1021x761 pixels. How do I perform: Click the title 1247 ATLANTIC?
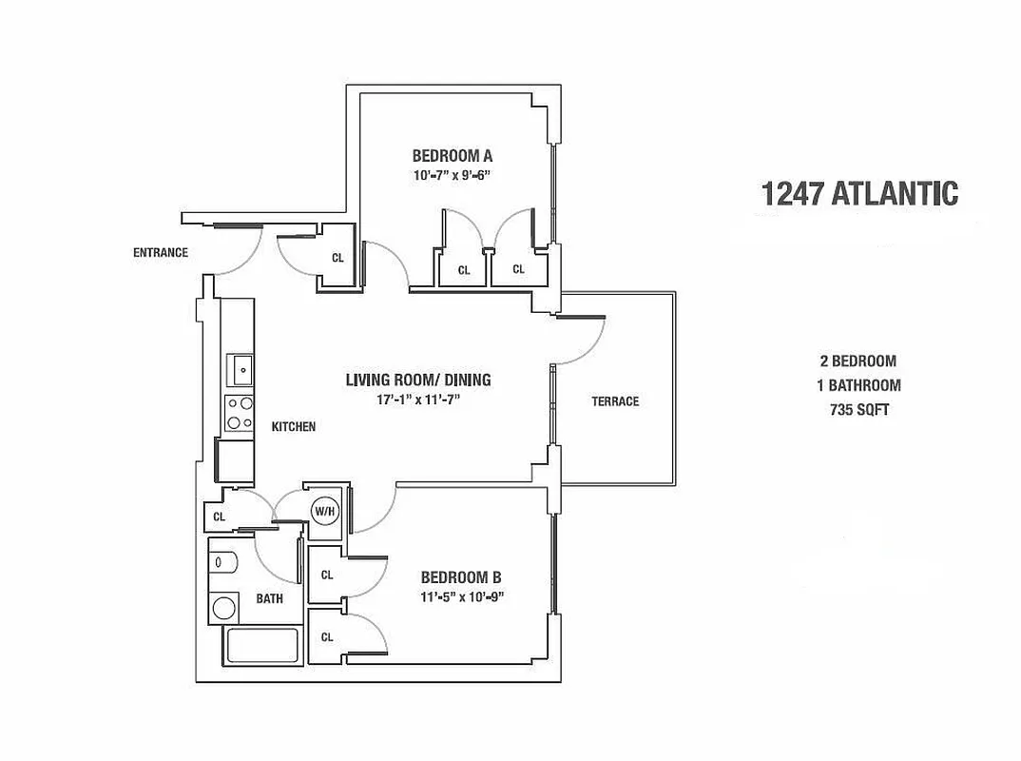click(859, 193)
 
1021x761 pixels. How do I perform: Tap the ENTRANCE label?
click(161, 253)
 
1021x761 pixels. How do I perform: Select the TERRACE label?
click(615, 401)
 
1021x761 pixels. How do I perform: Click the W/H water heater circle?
click(324, 511)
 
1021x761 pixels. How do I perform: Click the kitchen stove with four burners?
click(240, 413)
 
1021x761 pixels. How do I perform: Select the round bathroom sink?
click(224, 606)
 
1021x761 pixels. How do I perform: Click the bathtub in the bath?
click(261, 648)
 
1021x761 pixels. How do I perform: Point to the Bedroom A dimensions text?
click(452, 175)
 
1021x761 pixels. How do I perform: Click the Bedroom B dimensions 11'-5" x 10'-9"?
click(460, 597)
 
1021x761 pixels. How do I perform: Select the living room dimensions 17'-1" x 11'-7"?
click(417, 400)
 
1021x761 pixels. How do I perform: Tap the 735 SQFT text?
click(859, 411)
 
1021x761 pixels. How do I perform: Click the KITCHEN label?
click(294, 427)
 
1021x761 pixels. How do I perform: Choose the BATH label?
click(269, 598)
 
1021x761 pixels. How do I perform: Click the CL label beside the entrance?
click(337, 257)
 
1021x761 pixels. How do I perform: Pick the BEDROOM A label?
click(452, 155)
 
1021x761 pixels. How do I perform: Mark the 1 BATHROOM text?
click(859, 385)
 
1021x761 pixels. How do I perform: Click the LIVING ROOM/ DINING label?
click(417, 380)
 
